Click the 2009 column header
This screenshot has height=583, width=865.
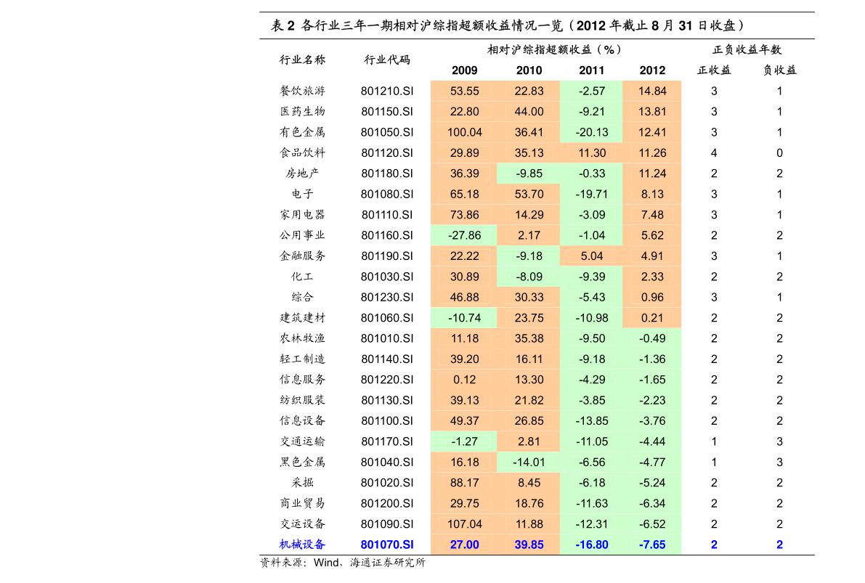(x=465, y=70)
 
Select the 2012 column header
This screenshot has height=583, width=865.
(x=652, y=70)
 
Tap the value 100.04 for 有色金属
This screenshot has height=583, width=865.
(x=465, y=132)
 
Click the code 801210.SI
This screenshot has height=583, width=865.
(x=387, y=91)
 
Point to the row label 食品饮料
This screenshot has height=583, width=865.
(x=302, y=152)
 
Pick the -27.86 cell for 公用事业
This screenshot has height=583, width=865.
(x=465, y=235)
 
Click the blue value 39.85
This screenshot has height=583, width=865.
(x=529, y=545)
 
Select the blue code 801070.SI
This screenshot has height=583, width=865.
(x=387, y=545)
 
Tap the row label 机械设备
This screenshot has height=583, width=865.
(x=302, y=545)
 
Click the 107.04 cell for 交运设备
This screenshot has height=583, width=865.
(x=465, y=524)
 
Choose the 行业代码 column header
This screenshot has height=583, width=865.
(x=387, y=60)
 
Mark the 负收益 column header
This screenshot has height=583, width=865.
(x=779, y=70)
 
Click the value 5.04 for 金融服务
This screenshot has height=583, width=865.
(x=592, y=256)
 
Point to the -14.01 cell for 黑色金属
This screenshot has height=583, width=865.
(x=529, y=462)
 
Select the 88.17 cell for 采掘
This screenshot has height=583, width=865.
(x=465, y=483)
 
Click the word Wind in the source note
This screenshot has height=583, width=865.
(x=327, y=563)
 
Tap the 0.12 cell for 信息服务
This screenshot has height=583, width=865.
(x=465, y=380)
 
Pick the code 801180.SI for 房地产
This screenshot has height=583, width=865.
(x=387, y=174)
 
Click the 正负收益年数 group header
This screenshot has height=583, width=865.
(x=747, y=49)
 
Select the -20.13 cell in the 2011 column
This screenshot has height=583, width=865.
(x=592, y=132)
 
